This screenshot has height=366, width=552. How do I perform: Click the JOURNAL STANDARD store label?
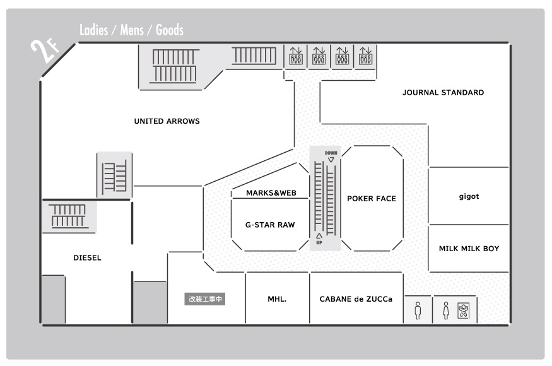443,93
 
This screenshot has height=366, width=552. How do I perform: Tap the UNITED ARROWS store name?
167,121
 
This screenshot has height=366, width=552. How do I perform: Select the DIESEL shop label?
87,258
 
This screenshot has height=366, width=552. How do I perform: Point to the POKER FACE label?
372,199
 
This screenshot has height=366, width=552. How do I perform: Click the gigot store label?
469,196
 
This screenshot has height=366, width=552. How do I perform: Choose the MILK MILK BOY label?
469,249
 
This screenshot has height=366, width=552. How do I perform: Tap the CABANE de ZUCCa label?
356,299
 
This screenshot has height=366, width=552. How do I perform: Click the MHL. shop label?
277,299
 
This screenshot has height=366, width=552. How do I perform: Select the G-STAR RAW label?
270,225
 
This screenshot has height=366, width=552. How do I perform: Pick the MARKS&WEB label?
271,193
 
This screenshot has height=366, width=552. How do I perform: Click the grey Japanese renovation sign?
205,299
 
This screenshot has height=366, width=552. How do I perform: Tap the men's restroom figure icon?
418,310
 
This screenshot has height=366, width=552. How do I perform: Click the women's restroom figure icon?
446,310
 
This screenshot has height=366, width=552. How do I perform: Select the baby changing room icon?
463,310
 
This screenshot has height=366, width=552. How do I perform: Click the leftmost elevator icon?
296,56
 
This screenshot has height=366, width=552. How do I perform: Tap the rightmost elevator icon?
365,56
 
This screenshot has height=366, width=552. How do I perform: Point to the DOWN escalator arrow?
331,160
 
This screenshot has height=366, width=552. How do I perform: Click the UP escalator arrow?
319,235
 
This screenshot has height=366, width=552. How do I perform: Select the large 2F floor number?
44,51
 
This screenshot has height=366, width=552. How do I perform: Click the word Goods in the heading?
170,30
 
